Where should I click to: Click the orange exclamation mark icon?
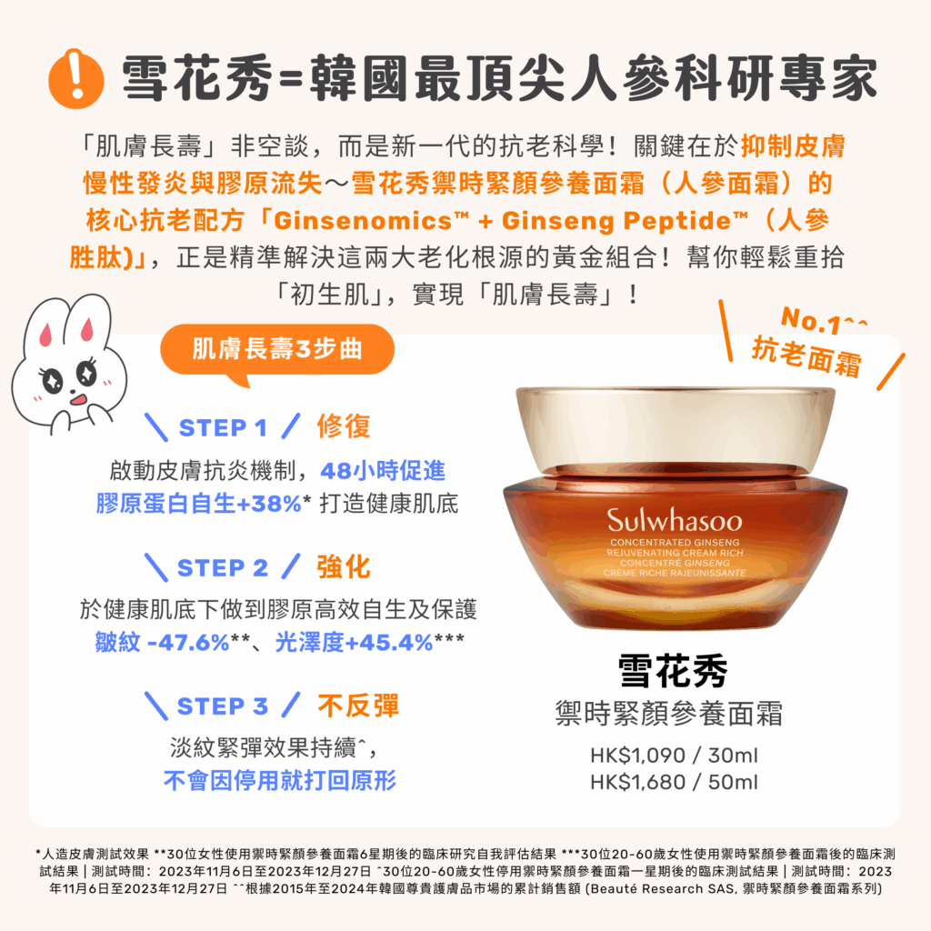76,78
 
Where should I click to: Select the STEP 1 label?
223,427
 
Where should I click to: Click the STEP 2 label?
223,567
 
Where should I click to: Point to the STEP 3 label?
223,706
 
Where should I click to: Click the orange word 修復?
344,426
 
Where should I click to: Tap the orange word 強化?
344,567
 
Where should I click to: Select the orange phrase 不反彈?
358,706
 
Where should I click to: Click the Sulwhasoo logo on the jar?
675,521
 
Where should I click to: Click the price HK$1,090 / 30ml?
674,756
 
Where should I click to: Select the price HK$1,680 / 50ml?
674,782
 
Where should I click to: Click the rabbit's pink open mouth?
78,400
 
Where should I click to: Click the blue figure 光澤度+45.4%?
354,643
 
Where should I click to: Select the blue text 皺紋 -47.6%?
162,643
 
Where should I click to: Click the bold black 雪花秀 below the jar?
673,671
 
